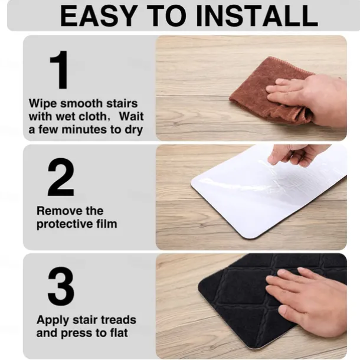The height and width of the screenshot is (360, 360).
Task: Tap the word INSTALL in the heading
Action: (257, 16)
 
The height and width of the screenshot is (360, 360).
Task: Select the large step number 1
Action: (60, 70)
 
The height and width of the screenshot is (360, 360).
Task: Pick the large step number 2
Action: (61, 177)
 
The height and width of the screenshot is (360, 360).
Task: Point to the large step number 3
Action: (61, 286)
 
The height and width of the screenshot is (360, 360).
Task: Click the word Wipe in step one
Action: (42, 103)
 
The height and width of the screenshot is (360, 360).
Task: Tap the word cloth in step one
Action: (93, 116)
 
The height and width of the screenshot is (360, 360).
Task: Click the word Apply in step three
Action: (53, 320)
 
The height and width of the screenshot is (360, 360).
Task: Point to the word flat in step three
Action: (118, 333)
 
